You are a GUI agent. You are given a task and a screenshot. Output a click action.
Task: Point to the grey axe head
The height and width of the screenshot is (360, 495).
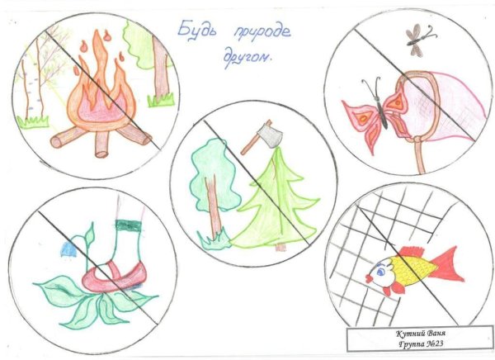pos(265,132)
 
